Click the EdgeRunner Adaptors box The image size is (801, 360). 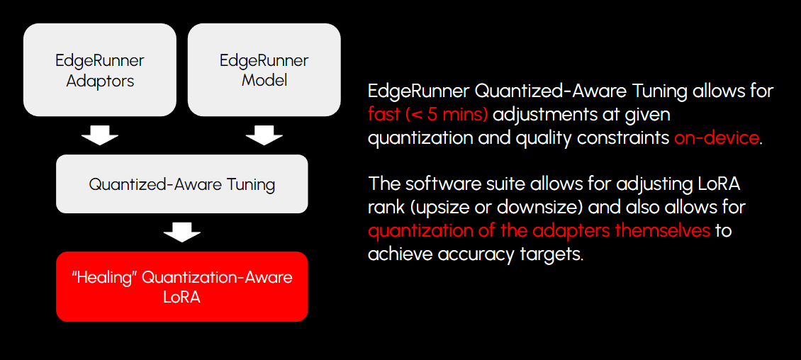point(100,69)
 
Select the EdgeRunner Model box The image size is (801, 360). point(264,69)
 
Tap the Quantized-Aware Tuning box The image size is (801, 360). point(181,184)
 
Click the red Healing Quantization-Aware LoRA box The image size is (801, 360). point(181,286)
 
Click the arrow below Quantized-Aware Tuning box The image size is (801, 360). point(181,232)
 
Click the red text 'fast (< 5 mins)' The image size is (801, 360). point(427,114)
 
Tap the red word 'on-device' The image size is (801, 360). point(716,137)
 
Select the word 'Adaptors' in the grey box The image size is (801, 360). point(100,81)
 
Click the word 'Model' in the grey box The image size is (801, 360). point(264,80)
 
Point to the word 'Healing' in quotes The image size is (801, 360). point(104,276)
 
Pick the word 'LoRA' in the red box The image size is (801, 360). point(181,297)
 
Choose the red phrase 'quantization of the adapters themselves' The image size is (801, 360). point(539,231)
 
